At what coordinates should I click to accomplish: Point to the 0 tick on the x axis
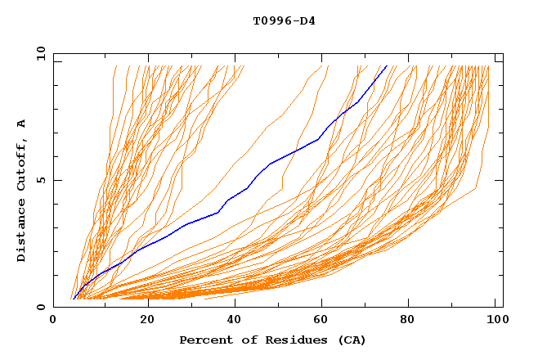(x=53, y=320)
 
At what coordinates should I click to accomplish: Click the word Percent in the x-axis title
(x=204, y=340)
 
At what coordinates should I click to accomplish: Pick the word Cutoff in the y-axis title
(x=21, y=164)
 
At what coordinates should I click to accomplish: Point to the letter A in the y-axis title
(x=21, y=124)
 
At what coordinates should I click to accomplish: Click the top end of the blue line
(x=387, y=66)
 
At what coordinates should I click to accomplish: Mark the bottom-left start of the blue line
(x=73, y=299)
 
